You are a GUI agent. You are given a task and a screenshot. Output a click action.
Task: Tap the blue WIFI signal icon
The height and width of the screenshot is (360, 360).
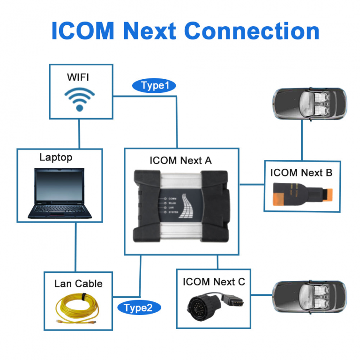pos(79,99)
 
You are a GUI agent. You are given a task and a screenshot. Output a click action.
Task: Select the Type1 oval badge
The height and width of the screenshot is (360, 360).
pos(154,85)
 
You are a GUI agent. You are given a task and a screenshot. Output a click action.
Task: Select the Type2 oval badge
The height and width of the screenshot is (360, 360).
pos(139,307)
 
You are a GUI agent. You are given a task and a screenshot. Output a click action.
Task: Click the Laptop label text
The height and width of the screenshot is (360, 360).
pos(56,157)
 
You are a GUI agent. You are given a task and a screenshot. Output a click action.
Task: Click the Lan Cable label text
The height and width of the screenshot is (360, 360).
pos(78,284)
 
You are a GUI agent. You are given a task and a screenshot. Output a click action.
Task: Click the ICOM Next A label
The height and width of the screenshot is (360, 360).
pos(180,161)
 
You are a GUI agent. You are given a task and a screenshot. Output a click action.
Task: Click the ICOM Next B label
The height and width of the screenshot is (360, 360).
pos(301,172)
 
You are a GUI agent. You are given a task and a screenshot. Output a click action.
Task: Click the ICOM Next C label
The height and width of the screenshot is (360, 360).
pos(214,282)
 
